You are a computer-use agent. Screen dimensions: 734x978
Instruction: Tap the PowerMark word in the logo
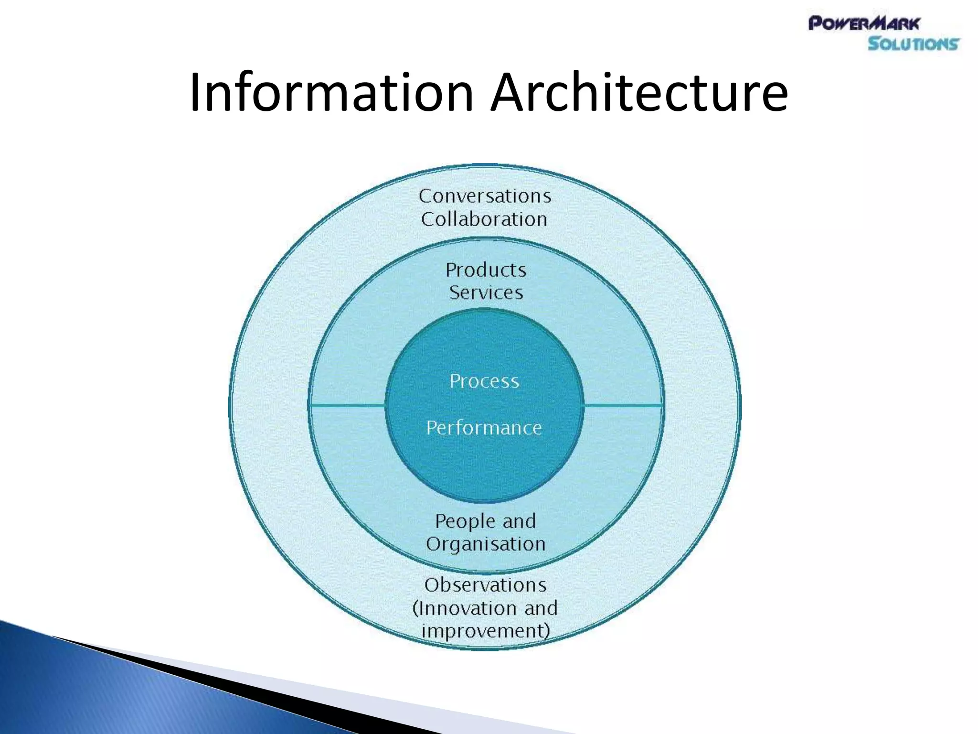(x=863, y=23)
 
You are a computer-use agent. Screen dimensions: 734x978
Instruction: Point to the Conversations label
(x=485, y=196)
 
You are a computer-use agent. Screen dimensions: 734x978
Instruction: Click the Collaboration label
(x=484, y=219)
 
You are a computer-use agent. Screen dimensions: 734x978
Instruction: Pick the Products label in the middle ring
(x=486, y=270)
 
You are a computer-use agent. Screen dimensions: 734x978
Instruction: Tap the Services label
(x=486, y=292)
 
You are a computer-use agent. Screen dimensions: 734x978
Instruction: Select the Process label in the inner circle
(x=484, y=381)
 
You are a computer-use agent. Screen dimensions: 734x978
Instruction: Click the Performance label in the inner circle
(x=484, y=428)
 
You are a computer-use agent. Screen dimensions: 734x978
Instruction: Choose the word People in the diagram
(x=465, y=521)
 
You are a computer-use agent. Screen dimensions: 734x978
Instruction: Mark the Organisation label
(x=486, y=544)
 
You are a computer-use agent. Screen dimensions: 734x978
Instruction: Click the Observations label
(x=485, y=585)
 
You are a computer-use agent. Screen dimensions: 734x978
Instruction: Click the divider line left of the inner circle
(x=348, y=405)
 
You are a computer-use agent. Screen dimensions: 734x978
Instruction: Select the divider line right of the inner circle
(x=623, y=406)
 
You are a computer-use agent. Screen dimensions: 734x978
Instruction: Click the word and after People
(x=520, y=521)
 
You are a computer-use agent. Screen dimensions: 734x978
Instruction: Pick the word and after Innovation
(x=541, y=608)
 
